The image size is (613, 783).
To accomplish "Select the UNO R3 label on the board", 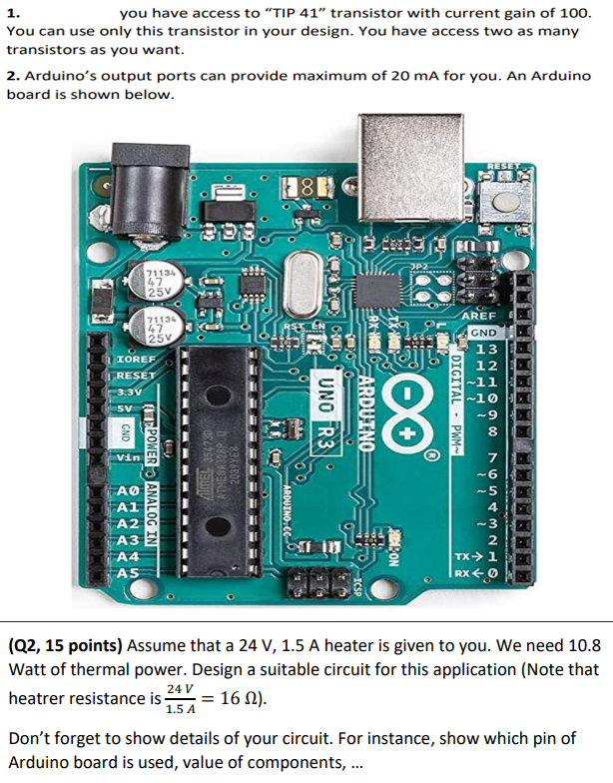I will [325, 420].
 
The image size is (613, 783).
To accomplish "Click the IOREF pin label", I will [134, 357].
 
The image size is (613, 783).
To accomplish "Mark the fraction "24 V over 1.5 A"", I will [179, 698].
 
